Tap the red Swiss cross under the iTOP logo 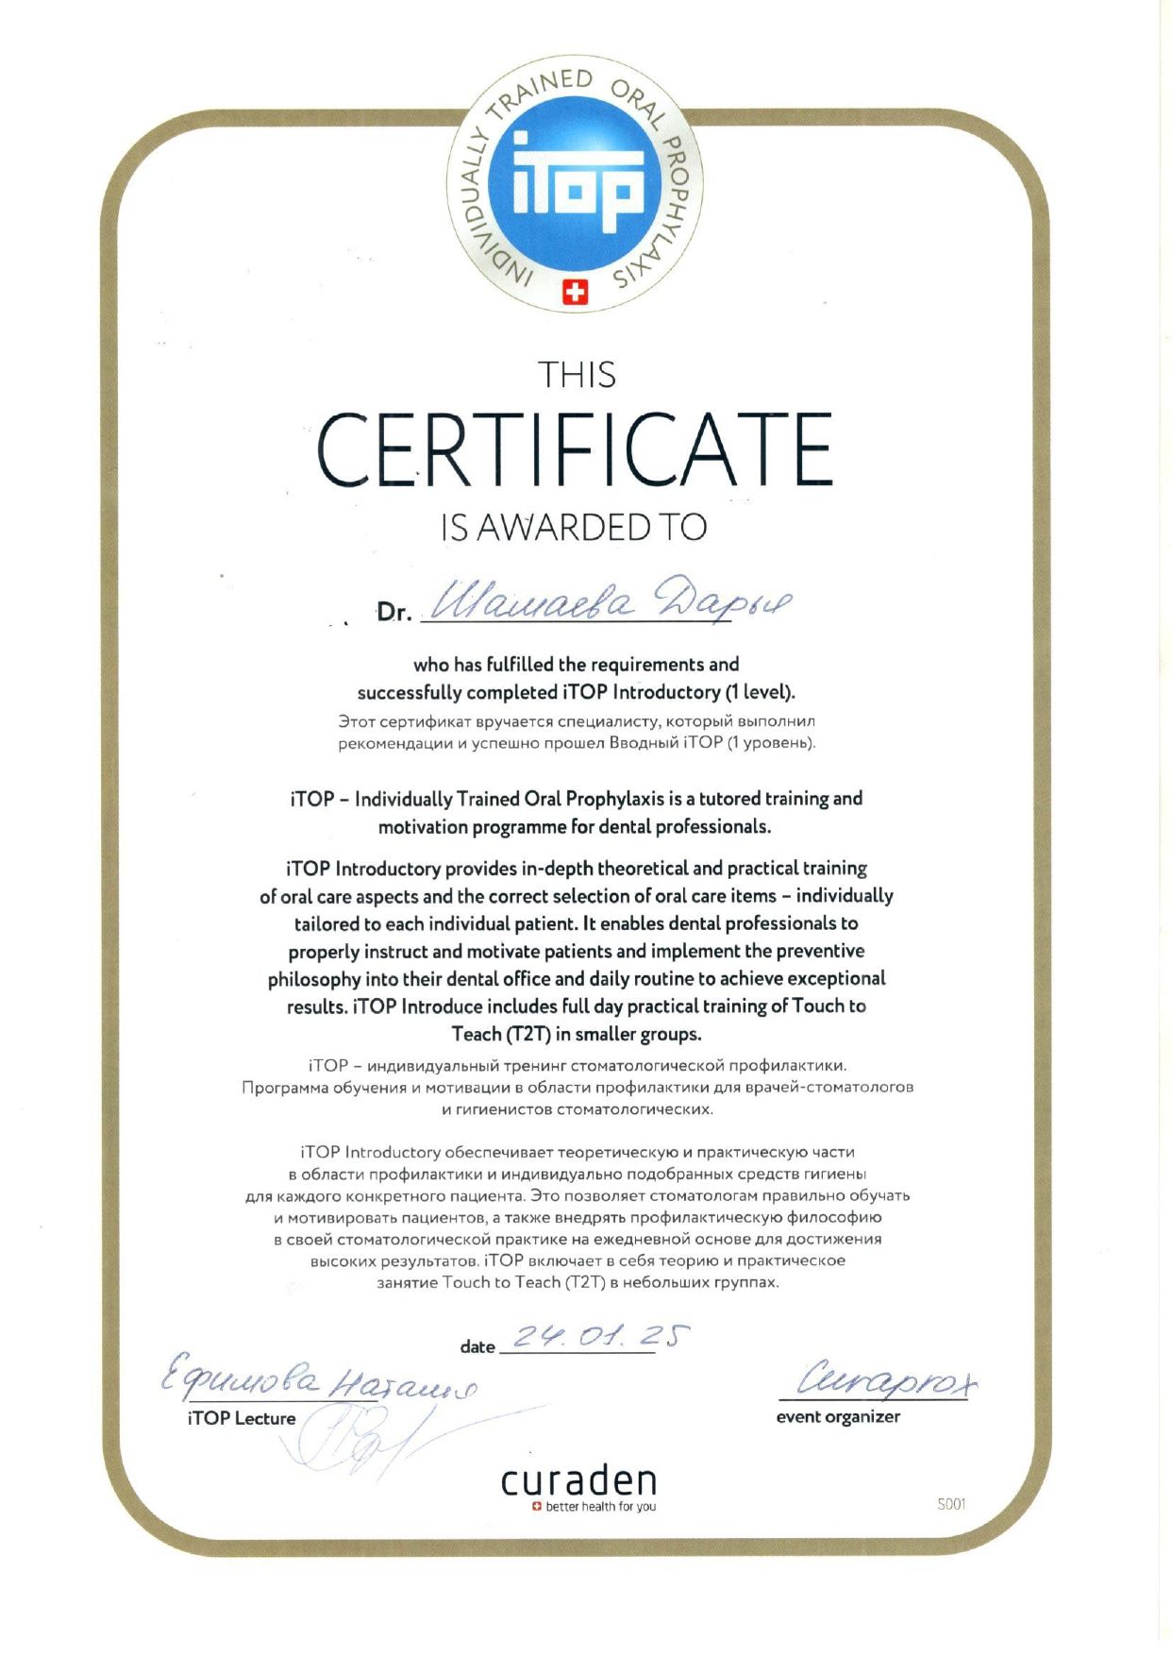click(x=574, y=293)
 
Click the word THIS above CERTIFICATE click(x=577, y=376)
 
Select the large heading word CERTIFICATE click(x=575, y=449)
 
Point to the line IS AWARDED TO click(x=574, y=528)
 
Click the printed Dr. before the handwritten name click(x=394, y=613)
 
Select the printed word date click(x=477, y=1347)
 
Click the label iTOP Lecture click(x=242, y=1418)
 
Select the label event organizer click(x=838, y=1416)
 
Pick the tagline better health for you click(x=600, y=1507)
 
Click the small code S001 click(x=951, y=1504)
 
